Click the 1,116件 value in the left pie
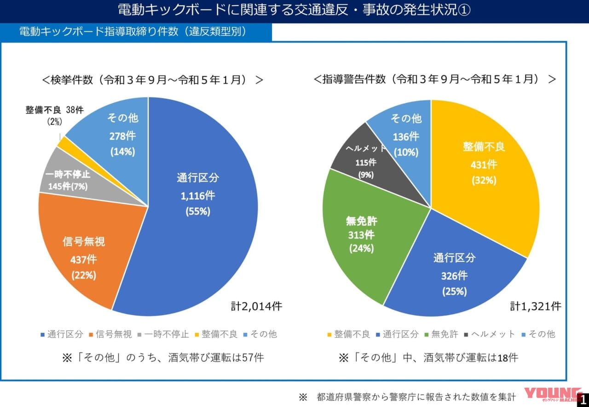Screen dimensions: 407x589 point(197,195)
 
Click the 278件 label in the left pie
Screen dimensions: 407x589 point(122,136)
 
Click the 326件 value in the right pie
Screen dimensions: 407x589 point(454,276)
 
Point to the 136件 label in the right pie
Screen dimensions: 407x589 point(406,136)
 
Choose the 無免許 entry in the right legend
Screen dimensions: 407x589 point(441,334)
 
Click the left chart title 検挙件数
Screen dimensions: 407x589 point(152,80)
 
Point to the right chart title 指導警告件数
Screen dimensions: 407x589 point(434,79)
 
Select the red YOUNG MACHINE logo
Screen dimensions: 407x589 point(553,396)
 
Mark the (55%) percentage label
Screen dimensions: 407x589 point(197,211)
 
